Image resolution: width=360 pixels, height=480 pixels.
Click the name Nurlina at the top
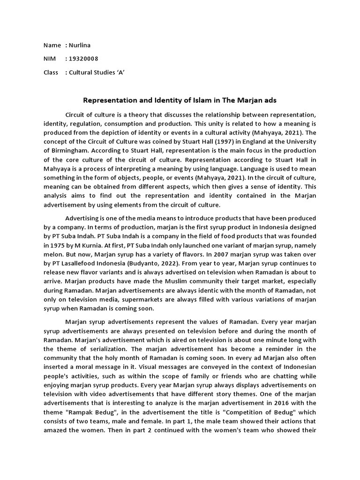81,45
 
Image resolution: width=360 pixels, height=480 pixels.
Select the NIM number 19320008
84,59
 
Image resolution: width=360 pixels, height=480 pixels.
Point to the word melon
54,254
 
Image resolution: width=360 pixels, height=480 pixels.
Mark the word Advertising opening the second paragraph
82,219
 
